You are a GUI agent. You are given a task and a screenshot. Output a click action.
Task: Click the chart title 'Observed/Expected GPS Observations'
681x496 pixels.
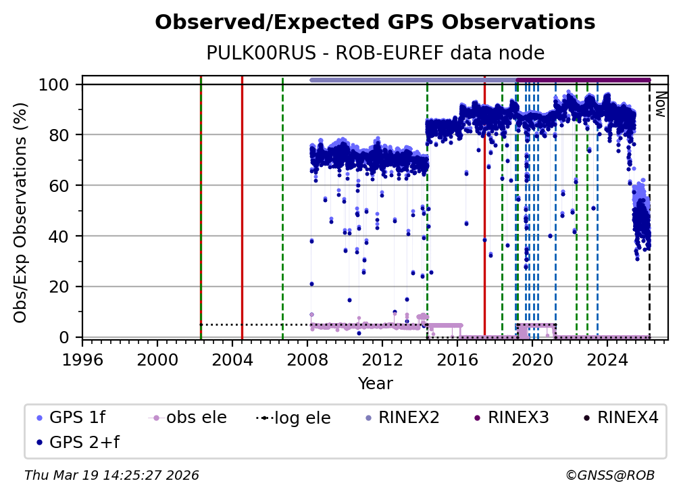click(x=375, y=23)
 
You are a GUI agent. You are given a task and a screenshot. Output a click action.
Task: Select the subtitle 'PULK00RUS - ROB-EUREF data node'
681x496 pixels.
click(x=375, y=53)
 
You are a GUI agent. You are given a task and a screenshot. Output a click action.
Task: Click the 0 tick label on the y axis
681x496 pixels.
click(x=65, y=337)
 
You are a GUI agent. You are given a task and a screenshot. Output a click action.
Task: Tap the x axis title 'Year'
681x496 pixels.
click(x=375, y=384)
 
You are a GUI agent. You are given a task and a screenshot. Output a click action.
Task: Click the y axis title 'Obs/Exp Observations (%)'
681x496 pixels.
click(x=21, y=212)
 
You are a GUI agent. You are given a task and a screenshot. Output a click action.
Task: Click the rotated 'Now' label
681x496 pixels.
click(x=659, y=104)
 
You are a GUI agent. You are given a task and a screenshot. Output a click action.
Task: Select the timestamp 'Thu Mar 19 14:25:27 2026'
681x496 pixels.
click(x=111, y=476)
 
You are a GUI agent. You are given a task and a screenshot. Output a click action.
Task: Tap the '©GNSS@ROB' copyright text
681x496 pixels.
click(x=609, y=476)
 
